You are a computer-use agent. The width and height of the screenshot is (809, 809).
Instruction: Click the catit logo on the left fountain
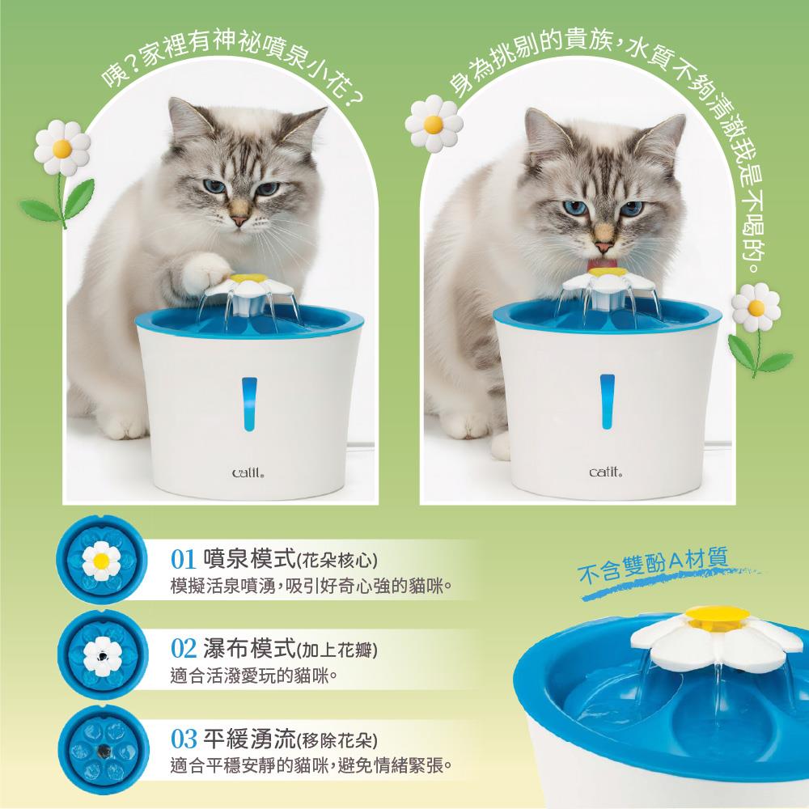pyautogui.click(x=249, y=472)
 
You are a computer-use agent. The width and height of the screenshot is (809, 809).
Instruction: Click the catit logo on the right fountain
pyautogui.click(x=606, y=472)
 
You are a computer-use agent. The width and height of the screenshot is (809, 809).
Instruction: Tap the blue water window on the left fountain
pyautogui.click(x=249, y=404)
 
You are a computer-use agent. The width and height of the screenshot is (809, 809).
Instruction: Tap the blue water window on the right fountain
pyautogui.click(x=608, y=401)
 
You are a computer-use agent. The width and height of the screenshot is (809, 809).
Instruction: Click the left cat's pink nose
pyautogui.click(x=239, y=221)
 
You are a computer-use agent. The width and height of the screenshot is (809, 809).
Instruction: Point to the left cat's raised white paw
pyautogui.click(x=209, y=270)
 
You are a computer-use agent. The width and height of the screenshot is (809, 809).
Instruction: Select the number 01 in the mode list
pyautogui.click(x=183, y=560)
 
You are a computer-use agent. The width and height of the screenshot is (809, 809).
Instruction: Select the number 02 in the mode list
pyautogui.click(x=183, y=649)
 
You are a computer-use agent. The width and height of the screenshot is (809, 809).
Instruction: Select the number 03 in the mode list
pyautogui.click(x=183, y=739)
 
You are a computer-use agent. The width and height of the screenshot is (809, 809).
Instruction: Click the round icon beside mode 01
pyautogui.click(x=102, y=559)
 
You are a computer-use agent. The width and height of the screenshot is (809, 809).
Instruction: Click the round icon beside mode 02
pyautogui.click(x=103, y=654)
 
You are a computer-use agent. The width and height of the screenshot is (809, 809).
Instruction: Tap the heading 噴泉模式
pyautogui.click(x=250, y=559)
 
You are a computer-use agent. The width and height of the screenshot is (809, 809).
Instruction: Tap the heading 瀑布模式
pyautogui.click(x=250, y=648)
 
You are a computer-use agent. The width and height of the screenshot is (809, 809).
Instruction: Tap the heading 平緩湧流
pyautogui.click(x=250, y=739)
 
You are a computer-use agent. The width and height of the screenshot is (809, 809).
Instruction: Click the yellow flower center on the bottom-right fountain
pyautogui.click(x=718, y=615)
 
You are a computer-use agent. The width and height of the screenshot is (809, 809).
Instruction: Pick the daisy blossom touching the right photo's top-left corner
pyautogui.click(x=434, y=123)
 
